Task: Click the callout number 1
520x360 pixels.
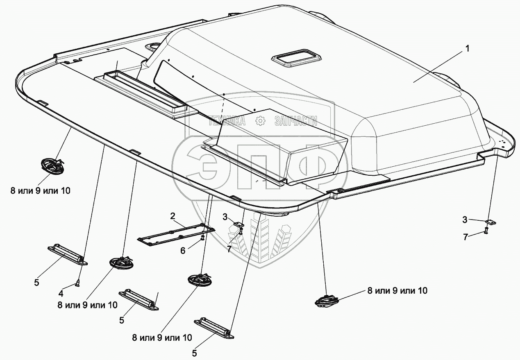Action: coord(468,49)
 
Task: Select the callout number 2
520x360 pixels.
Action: coord(173,216)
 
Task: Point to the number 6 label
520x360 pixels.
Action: coord(183,251)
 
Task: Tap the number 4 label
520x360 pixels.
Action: coord(61,294)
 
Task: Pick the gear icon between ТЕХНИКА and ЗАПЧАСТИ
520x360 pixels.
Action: coord(260,121)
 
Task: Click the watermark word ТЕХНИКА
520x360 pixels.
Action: coord(227,121)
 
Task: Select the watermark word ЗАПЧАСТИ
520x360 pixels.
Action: coord(295,121)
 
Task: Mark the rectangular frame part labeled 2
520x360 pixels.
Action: coord(176,234)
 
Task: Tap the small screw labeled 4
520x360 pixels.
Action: coord(77,283)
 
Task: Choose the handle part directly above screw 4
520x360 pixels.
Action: coord(68,254)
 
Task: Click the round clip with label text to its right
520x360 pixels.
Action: coord(327,302)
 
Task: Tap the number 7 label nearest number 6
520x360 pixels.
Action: coord(229,249)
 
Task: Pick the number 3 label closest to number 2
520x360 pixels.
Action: coord(225,217)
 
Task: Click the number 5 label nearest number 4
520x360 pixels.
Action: coord(36,283)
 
